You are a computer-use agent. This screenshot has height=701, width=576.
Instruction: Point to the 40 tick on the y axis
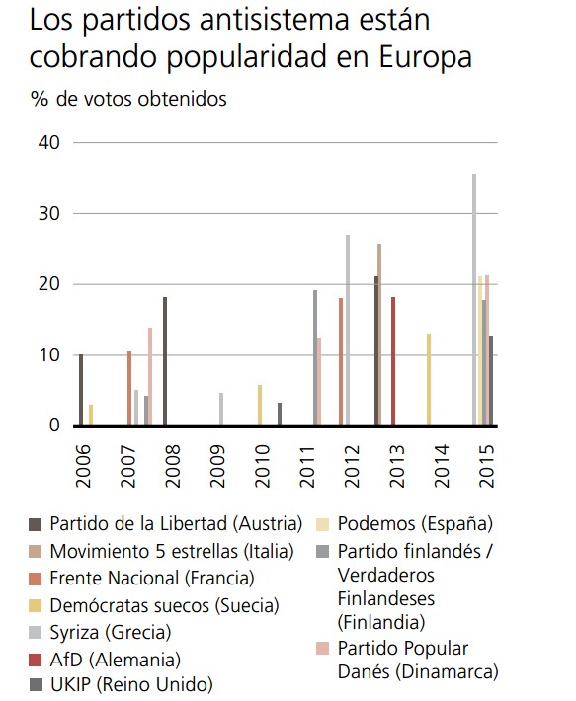(49, 143)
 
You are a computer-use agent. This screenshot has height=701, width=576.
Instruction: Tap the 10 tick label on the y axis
(49, 355)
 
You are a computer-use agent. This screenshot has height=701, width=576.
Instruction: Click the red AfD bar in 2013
(393, 361)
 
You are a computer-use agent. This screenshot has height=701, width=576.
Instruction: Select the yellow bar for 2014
(428, 380)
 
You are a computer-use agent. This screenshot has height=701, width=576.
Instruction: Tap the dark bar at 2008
(164, 361)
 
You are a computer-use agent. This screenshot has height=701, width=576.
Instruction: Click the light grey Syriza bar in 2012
(348, 331)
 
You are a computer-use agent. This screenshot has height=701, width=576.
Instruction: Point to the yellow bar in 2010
(259, 406)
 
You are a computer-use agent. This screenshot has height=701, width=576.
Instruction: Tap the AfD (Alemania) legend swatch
(36, 659)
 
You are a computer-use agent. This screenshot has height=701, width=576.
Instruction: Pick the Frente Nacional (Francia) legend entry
(151, 578)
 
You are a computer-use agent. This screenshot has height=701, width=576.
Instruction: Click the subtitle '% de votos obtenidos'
(128, 99)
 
